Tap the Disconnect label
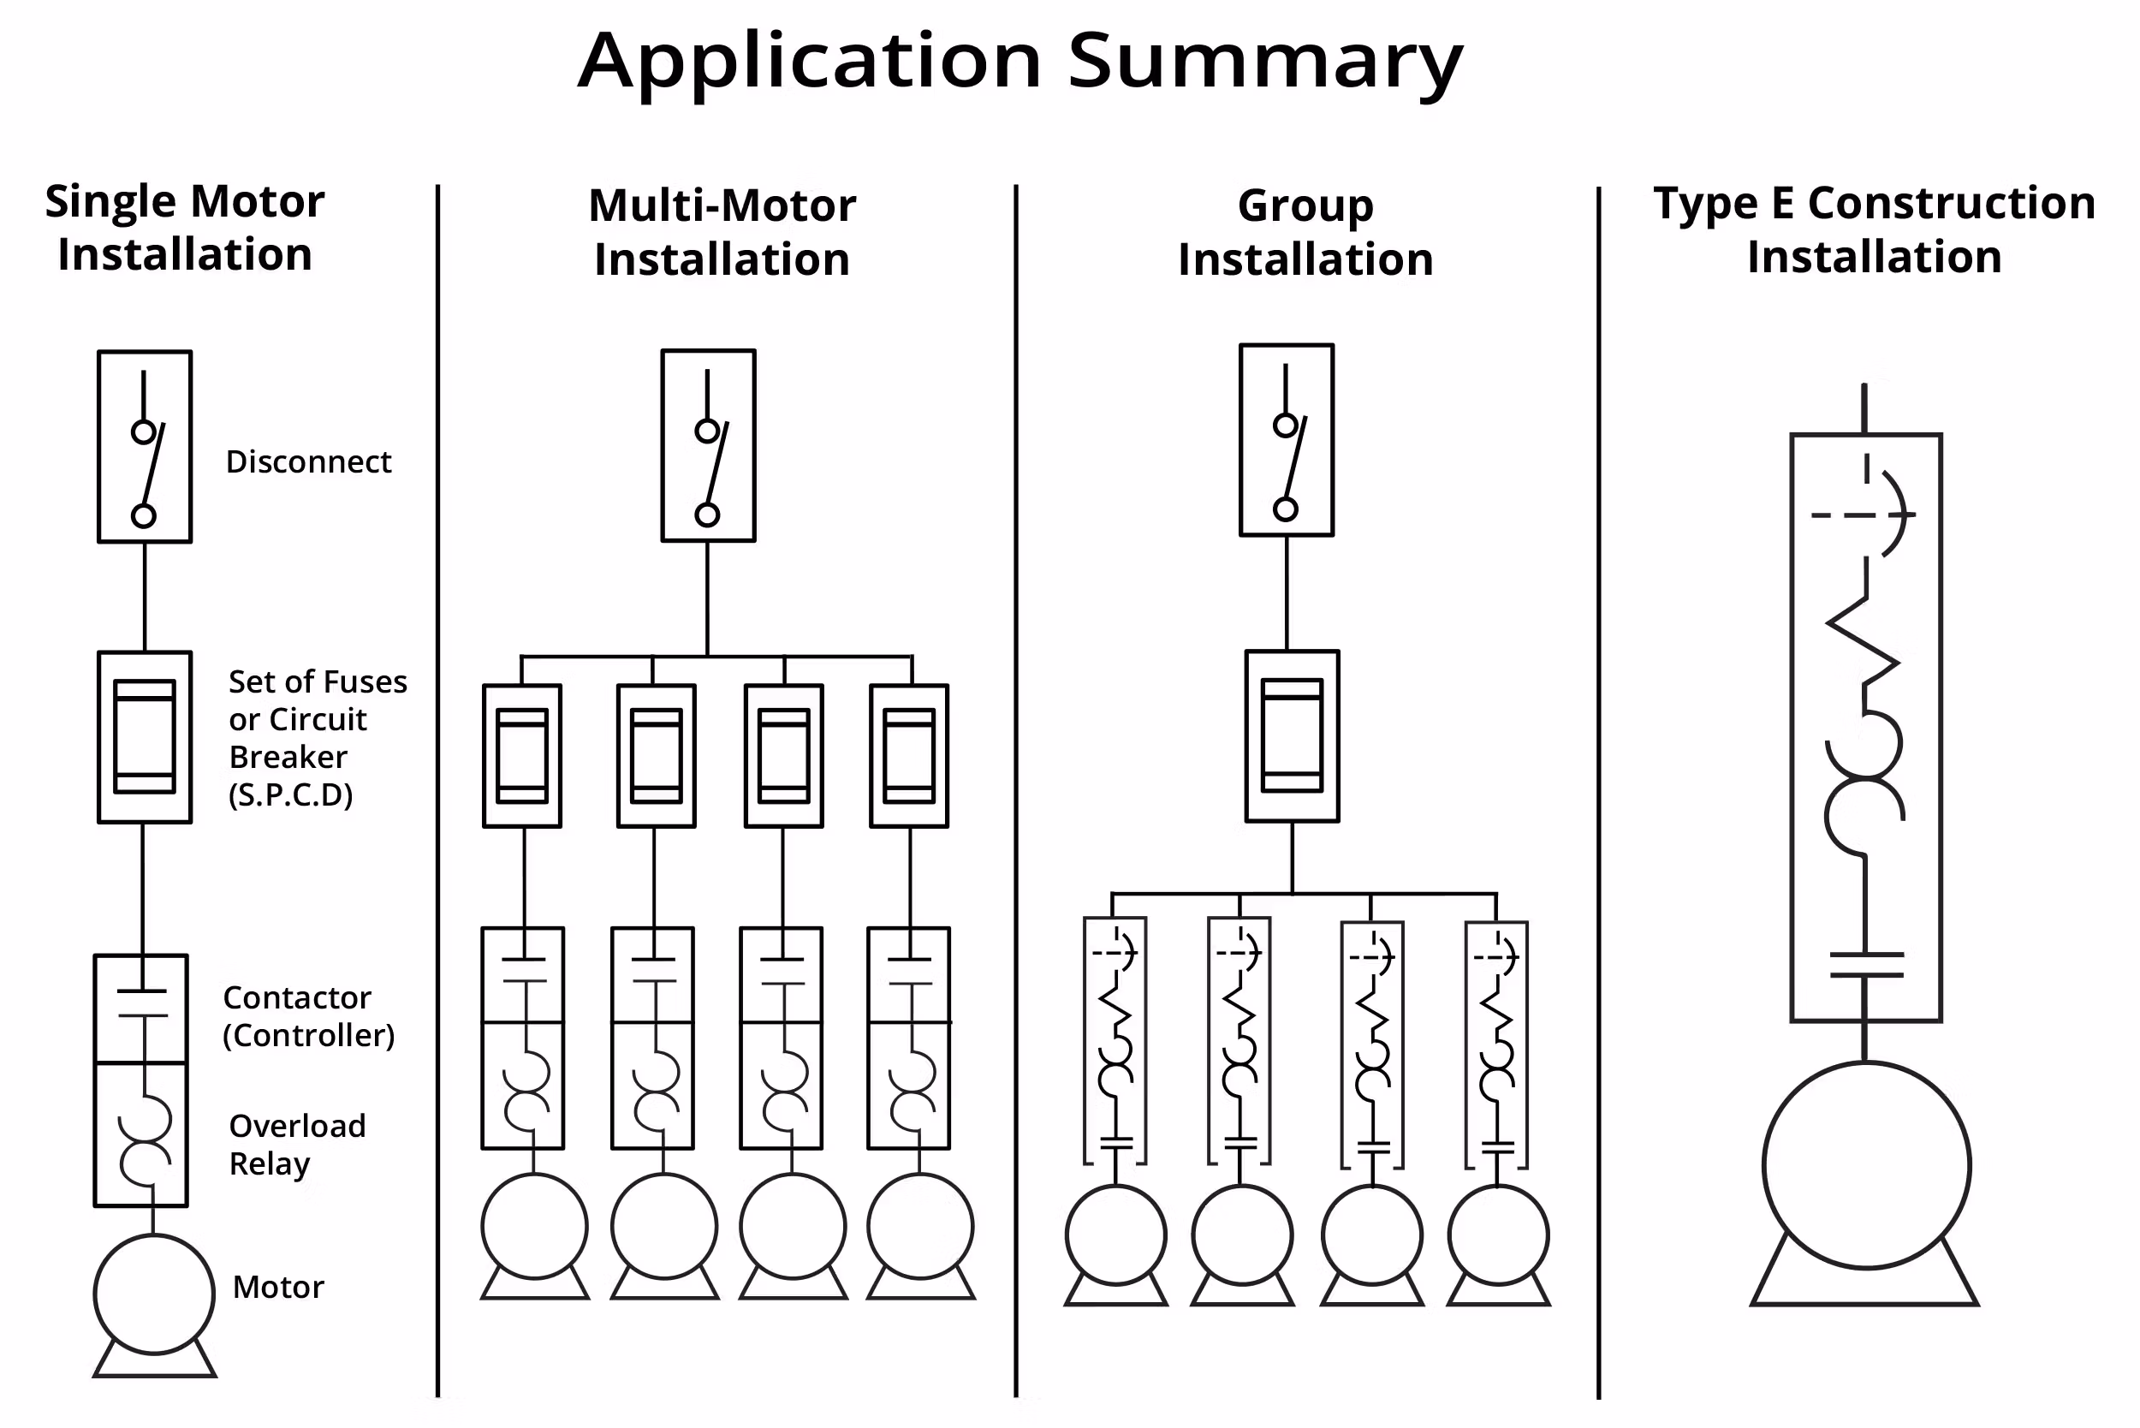point(308,461)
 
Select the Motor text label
point(277,1287)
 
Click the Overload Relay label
point(297,1145)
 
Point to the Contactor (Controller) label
point(308,1016)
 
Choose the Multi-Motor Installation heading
point(722,232)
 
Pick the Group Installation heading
point(1305,232)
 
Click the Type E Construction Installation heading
point(1874,229)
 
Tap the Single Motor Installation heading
point(185,228)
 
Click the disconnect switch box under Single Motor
point(145,447)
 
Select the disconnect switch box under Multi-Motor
point(709,445)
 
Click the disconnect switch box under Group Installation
point(1286,440)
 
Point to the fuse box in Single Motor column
point(145,737)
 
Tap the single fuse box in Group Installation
point(1293,736)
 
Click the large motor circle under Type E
point(1867,1165)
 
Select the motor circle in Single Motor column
point(154,1294)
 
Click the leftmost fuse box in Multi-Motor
point(522,756)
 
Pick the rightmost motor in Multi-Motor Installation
point(919,1226)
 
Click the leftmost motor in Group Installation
point(1115,1235)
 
